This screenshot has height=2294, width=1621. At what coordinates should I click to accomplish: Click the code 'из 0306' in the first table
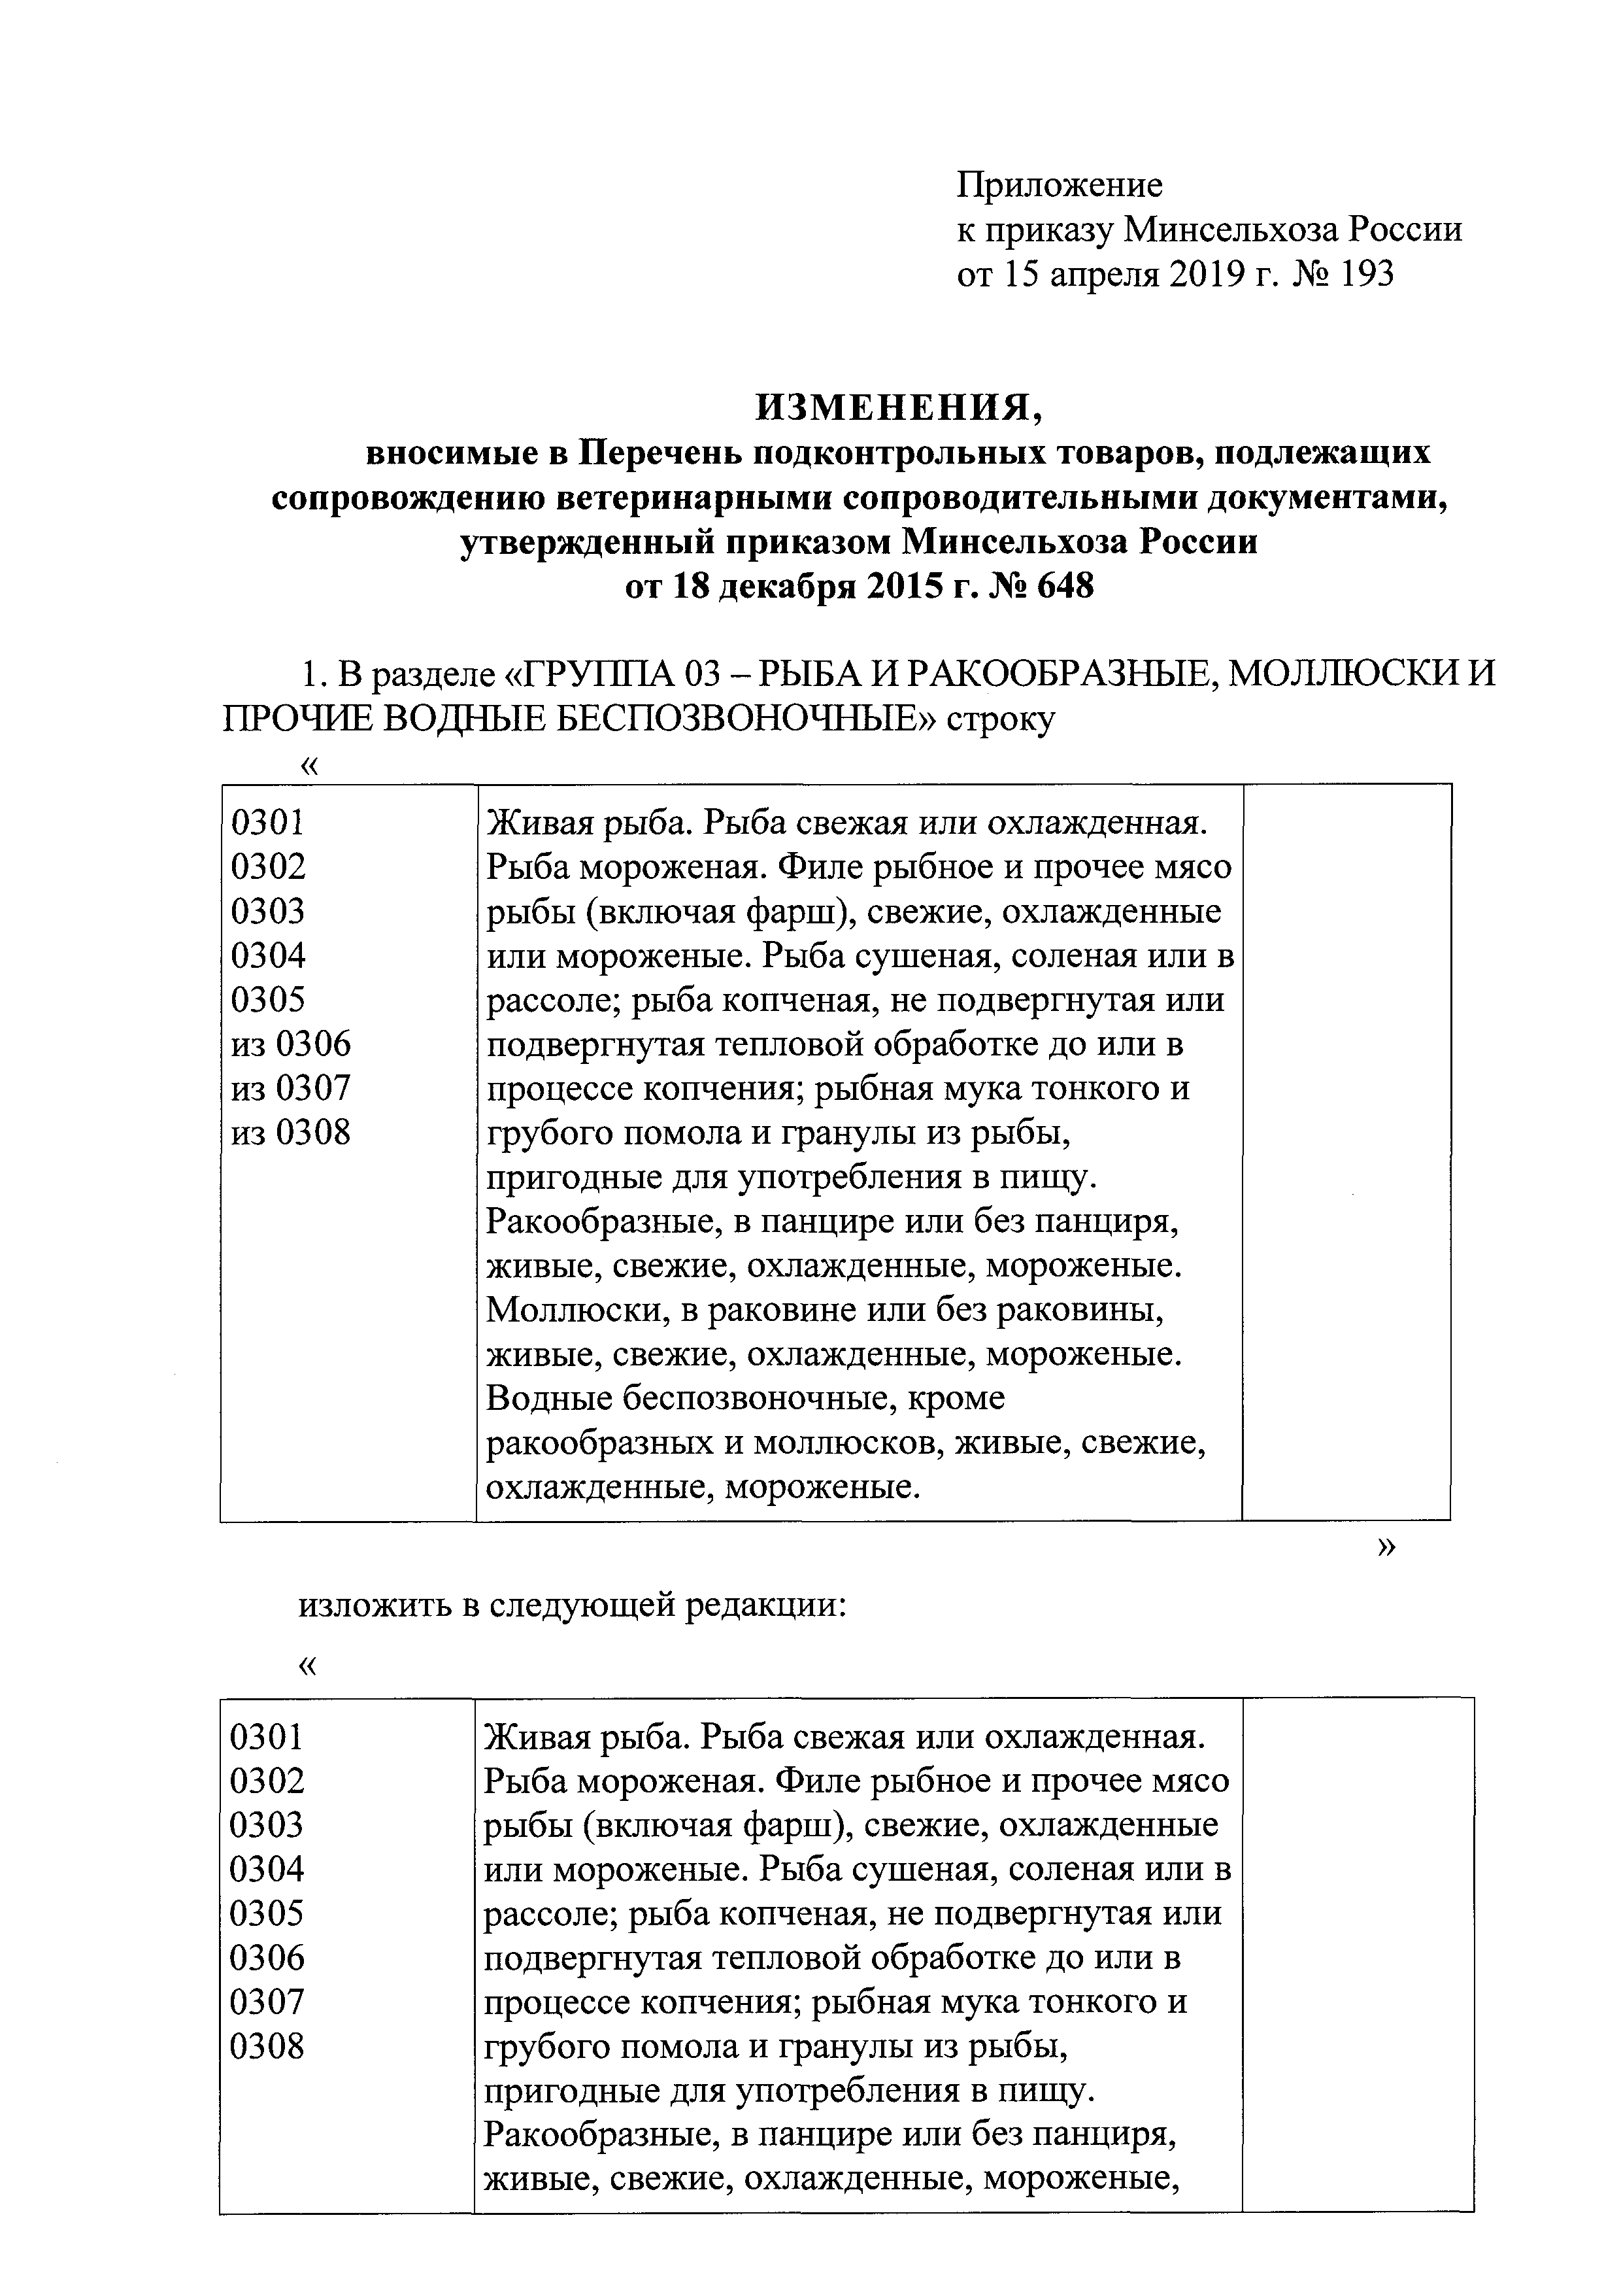point(291,1044)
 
